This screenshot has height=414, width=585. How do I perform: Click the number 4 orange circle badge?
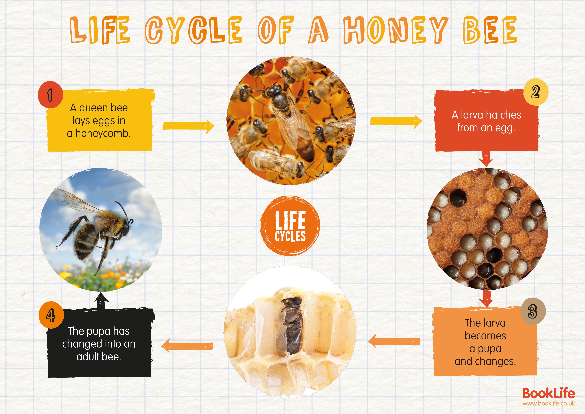51,315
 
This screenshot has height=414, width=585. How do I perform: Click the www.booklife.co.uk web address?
548,403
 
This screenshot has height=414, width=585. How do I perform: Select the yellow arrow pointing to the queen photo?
189,126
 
